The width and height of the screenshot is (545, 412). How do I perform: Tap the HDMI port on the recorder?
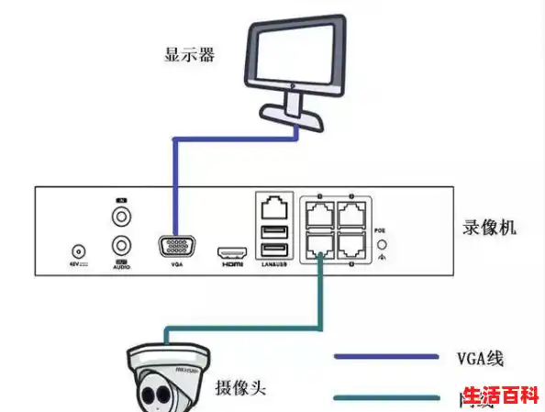(x=229, y=251)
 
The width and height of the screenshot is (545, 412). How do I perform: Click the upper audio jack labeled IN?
(x=121, y=217)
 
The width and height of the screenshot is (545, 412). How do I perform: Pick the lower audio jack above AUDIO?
(x=121, y=246)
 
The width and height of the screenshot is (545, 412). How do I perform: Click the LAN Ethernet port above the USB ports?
(x=273, y=209)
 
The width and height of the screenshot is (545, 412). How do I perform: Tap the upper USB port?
(x=272, y=232)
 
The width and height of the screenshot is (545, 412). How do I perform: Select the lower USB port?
(x=272, y=250)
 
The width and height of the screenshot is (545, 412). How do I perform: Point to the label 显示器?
(x=189, y=54)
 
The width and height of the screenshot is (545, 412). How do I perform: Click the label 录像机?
(x=491, y=226)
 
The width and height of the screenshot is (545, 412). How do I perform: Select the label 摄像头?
(x=239, y=388)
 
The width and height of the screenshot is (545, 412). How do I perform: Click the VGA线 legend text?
(x=481, y=357)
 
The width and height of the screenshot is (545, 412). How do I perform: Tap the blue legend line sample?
(x=385, y=356)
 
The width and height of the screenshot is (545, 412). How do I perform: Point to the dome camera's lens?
(x=151, y=396)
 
